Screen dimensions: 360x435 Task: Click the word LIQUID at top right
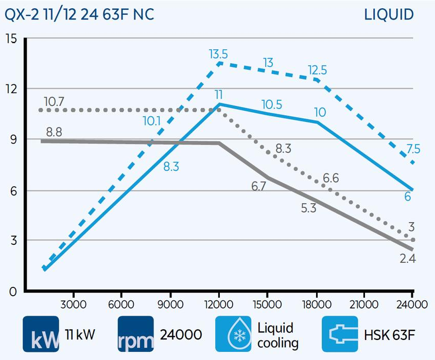click(x=389, y=14)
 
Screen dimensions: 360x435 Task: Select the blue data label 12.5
click(x=318, y=70)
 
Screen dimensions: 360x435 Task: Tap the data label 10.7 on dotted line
click(x=54, y=101)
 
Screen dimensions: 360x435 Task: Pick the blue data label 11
click(x=218, y=94)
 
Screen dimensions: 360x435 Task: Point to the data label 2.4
click(x=407, y=259)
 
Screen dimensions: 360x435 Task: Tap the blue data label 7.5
click(x=413, y=149)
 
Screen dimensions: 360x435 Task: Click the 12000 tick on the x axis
click(x=219, y=304)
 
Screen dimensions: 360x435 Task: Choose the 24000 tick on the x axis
click(x=412, y=304)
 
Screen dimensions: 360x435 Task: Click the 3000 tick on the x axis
click(x=73, y=304)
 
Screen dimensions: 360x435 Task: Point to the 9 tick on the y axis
click(x=13, y=139)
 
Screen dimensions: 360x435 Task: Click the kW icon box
click(x=41, y=334)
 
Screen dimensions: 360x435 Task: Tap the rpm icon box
click(x=136, y=334)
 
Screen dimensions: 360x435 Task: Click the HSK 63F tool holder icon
click(x=340, y=334)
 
